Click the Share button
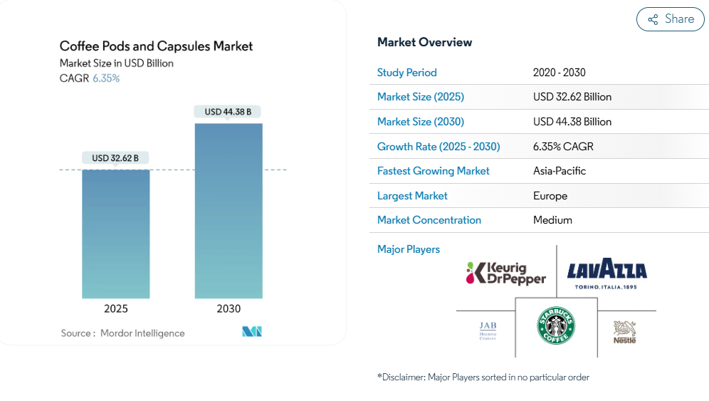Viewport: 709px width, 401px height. click(x=670, y=19)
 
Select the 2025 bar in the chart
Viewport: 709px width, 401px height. click(x=116, y=234)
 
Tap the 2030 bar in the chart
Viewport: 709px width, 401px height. click(x=229, y=211)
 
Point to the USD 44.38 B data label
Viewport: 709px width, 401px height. click(x=228, y=112)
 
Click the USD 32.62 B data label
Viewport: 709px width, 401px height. click(x=115, y=158)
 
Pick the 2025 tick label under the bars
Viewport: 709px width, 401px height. click(x=116, y=308)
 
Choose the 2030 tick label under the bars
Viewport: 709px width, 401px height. click(x=229, y=308)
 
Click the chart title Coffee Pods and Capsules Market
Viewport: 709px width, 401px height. click(x=156, y=46)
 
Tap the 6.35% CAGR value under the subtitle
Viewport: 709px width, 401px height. click(x=106, y=78)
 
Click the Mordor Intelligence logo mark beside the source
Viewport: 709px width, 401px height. click(x=252, y=331)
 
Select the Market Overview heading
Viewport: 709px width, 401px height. click(x=424, y=42)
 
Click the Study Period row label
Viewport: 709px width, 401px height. click(x=407, y=73)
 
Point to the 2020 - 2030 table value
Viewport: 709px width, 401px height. click(x=560, y=73)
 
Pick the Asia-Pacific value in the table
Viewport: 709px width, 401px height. click(x=560, y=171)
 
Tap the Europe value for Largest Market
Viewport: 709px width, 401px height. click(x=550, y=196)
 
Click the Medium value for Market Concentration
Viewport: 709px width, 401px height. click(x=552, y=220)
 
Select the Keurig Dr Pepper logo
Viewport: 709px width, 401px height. click(x=506, y=274)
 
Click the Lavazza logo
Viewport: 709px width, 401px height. click(x=606, y=274)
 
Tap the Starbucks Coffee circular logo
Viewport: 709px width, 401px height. click(x=556, y=326)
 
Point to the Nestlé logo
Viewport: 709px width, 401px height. click(x=624, y=332)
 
